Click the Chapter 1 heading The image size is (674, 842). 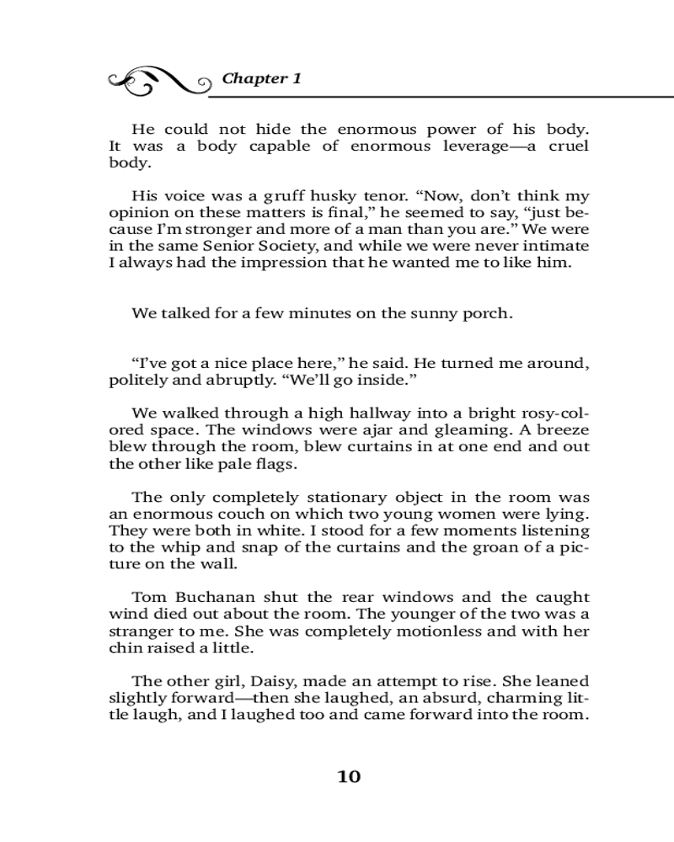coord(261,79)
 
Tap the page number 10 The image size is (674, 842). coord(349,776)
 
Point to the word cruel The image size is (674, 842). coord(566,146)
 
